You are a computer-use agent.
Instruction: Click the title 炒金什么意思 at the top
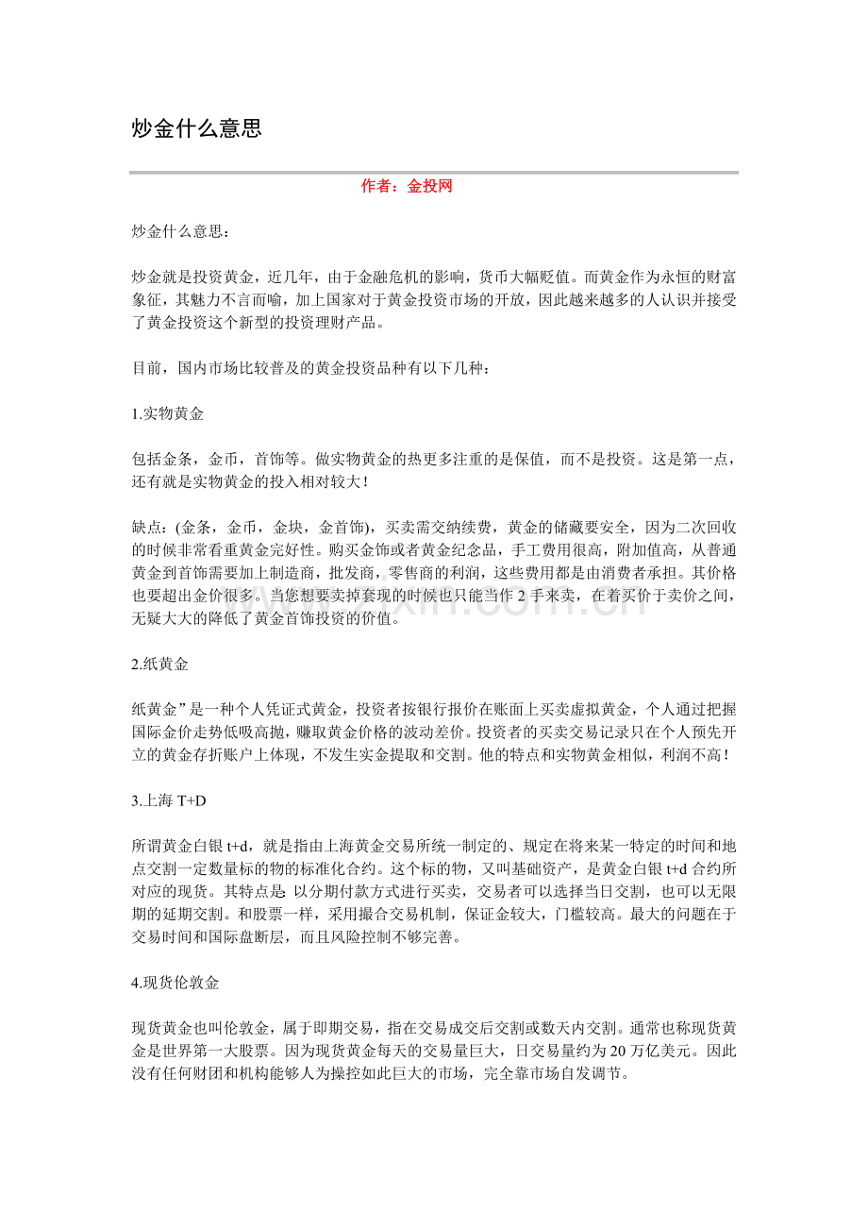(196, 129)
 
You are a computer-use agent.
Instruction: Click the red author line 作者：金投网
(407, 187)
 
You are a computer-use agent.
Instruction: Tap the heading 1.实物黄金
(168, 413)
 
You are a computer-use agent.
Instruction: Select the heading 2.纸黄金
(160, 665)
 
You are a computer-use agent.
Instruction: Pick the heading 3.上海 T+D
(169, 800)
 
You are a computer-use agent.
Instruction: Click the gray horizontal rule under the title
(434, 172)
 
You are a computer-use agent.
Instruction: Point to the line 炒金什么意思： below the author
(179, 232)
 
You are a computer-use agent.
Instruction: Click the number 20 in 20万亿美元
(618, 1049)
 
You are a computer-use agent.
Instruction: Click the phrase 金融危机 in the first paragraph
(408, 278)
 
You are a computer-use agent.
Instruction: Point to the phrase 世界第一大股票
(205, 1049)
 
